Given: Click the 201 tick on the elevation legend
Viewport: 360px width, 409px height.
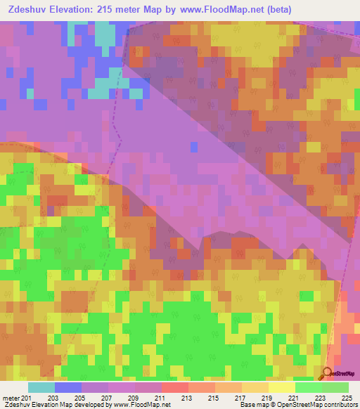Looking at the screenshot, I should pos(27,398).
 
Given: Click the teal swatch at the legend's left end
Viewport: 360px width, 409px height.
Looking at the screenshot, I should pos(41,387).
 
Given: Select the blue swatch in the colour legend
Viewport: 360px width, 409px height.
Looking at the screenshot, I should pos(68,387).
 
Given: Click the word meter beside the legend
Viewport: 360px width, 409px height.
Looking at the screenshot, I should pos(10,398).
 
